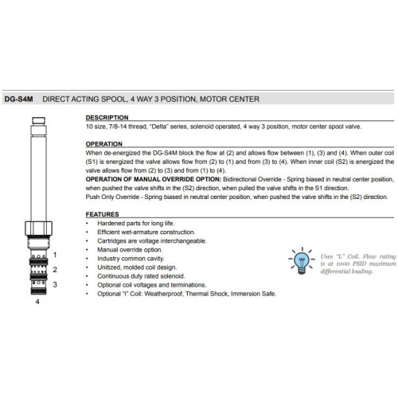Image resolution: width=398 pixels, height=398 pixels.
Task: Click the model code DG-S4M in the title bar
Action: (x=18, y=99)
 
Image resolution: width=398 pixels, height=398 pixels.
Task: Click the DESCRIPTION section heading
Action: (x=107, y=118)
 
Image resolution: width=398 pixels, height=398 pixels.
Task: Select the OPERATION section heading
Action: (x=103, y=144)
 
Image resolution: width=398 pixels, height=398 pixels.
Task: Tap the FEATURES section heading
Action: (x=102, y=214)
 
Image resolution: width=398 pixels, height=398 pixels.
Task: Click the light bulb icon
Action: (x=302, y=261)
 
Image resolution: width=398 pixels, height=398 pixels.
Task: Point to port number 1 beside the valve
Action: (x=55, y=255)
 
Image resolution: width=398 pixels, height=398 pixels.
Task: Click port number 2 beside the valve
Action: (x=55, y=270)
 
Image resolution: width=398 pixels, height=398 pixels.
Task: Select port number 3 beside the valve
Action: (x=55, y=285)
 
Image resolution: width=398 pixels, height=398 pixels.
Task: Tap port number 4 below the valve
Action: (x=37, y=302)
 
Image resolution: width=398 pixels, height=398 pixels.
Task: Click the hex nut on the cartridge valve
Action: (x=38, y=228)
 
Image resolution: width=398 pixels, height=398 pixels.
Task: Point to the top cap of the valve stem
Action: (x=39, y=121)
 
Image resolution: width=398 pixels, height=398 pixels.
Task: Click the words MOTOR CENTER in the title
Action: (x=229, y=99)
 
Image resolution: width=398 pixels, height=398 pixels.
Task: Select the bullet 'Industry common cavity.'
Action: (x=131, y=259)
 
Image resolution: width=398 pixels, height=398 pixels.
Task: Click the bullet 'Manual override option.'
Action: (x=130, y=250)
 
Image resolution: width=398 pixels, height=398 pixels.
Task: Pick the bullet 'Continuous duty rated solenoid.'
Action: (x=141, y=276)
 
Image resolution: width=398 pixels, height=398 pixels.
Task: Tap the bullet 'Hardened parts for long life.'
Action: (x=136, y=224)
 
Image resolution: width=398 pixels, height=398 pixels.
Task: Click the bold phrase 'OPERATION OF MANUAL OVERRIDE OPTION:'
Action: (x=154, y=179)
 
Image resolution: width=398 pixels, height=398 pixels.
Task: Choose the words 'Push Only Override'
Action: (x=112, y=197)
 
